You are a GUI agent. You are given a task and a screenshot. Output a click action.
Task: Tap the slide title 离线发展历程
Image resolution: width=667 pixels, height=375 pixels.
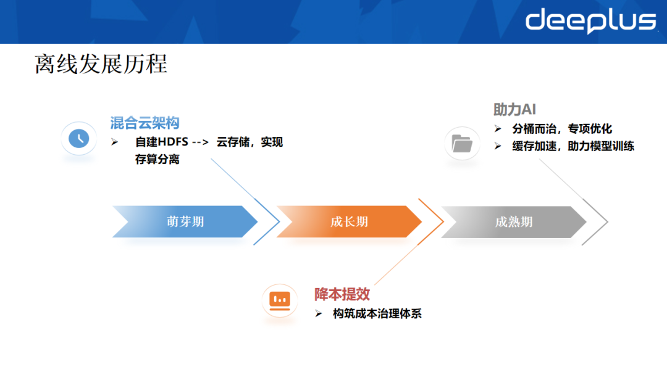[x=101, y=64]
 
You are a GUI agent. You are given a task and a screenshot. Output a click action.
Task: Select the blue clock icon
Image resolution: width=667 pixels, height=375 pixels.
[x=78, y=138]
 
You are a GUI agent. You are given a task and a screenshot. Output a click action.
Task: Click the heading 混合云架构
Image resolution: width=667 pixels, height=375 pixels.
[x=145, y=122]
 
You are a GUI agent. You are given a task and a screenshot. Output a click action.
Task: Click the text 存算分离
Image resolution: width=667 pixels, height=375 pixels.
[x=157, y=160]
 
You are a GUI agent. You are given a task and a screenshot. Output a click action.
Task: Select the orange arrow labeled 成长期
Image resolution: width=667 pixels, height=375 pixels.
[x=349, y=222]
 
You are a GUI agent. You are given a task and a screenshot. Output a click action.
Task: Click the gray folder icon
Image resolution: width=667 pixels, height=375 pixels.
[x=462, y=144]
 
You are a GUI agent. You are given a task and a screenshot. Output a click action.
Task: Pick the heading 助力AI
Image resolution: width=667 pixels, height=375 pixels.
[x=514, y=109]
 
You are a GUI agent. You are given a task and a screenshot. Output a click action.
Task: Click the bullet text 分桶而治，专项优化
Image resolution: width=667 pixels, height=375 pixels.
[x=562, y=129]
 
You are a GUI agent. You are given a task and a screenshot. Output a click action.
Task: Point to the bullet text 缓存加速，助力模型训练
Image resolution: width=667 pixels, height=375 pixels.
[x=573, y=146]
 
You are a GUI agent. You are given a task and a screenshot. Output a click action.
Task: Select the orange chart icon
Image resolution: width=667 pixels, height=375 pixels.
[x=279, y=300]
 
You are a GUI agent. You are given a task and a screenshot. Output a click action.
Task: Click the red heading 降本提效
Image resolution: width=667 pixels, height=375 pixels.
[x=342, y=294]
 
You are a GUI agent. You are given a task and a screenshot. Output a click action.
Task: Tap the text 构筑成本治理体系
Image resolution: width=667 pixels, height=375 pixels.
[x=377, y=314]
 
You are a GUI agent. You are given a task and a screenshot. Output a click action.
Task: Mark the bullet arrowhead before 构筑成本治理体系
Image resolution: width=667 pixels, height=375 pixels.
[x=319, y=314]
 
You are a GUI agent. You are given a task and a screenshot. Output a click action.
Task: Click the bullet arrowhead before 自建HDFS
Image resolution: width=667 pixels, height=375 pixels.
[x=114, y=142]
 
